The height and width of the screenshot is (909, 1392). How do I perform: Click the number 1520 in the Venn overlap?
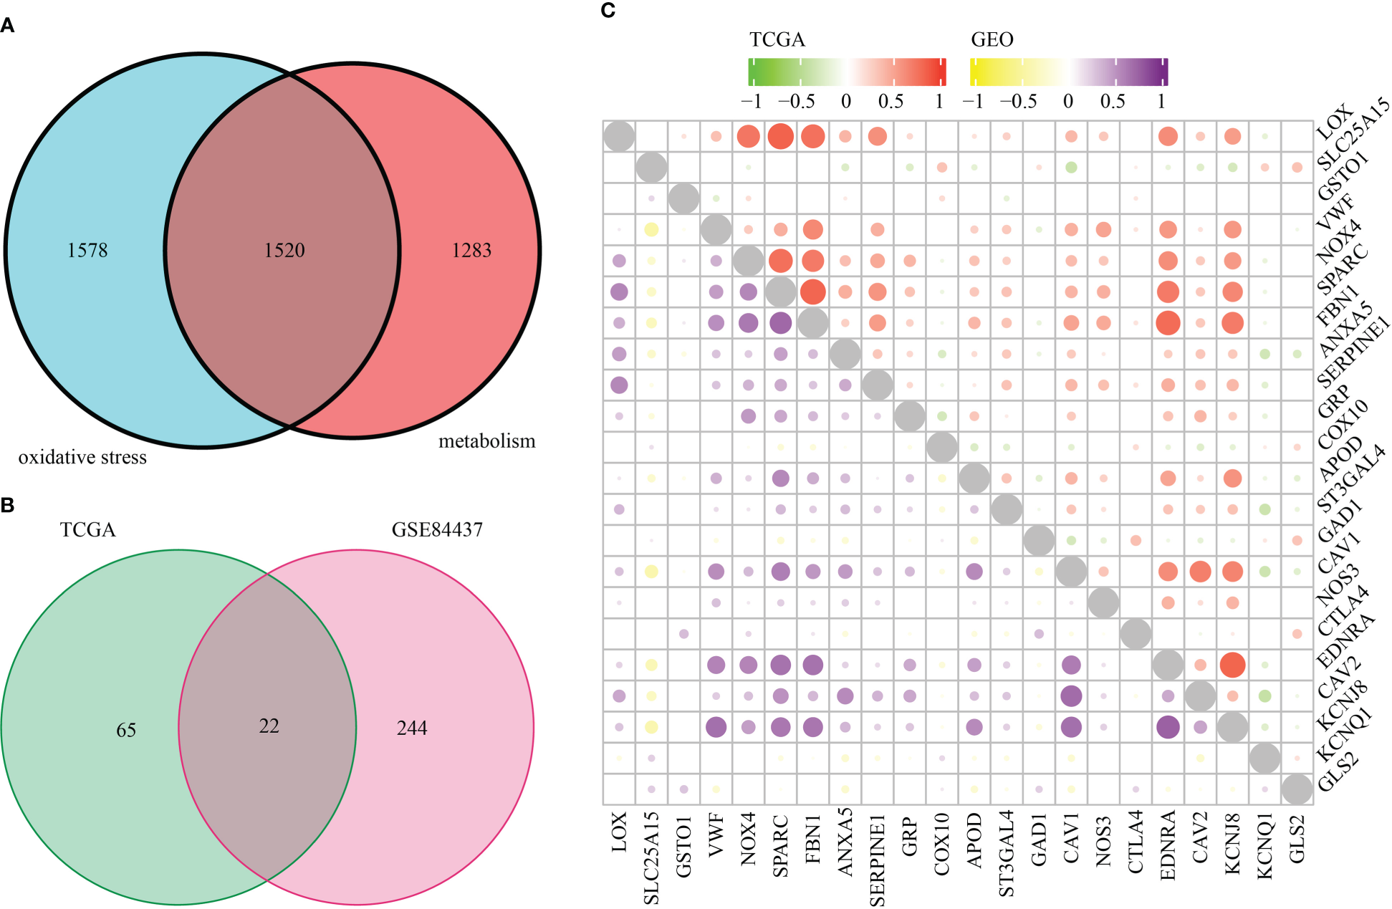coord(284,250)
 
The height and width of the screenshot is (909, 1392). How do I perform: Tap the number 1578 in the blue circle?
coord(87,250)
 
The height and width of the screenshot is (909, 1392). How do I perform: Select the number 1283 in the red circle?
coord(471,250)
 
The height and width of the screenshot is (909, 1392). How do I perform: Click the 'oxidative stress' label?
coord(82,457)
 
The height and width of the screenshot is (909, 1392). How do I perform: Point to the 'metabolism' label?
coord(487,441)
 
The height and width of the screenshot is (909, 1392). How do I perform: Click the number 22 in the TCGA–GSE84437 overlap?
coord(269,726)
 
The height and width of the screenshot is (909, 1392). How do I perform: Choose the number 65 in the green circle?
coord(126,730)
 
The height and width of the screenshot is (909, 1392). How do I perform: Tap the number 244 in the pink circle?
coord(412,728)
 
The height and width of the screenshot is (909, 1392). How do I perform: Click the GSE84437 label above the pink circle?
coord(437,529)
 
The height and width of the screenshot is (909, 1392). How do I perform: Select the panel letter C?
coord(608,11)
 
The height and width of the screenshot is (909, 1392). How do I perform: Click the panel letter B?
coord(8,505)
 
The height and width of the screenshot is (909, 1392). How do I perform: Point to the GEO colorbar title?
coord(992,39)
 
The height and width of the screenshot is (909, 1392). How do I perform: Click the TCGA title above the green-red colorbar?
coord(777,39)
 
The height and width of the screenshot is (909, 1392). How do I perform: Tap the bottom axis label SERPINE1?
coord(878,860)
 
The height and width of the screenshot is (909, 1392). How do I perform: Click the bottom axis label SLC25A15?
coord(651,857)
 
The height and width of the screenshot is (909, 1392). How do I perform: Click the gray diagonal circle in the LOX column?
coord(619,136)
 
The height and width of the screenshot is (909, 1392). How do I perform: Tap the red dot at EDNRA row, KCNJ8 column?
coord(1232,665)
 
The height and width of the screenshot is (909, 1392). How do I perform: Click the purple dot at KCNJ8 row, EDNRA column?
coord(1168,727)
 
